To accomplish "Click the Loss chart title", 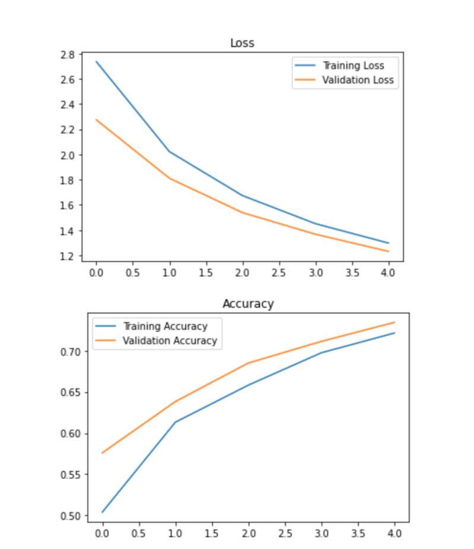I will (x=242, y=43).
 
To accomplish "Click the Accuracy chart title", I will (x=248, y=304).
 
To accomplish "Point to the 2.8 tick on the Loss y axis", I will (x=68, y=55).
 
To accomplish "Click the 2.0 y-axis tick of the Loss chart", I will (x=68, y=155).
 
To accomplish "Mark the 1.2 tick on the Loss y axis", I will (x=68, y=256).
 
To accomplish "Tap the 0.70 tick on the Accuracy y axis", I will (x=75, y=352).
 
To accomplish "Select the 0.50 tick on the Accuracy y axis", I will (x=75, y=516).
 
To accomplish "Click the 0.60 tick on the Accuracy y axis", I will (x=75, y=433).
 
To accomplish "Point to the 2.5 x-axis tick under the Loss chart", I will (x=279, y=273).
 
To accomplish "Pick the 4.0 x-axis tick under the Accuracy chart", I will (x=394, y=533).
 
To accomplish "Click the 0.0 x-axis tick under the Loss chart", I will (x=96, y=273).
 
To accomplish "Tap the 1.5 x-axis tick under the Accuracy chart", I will (x=212, y=533).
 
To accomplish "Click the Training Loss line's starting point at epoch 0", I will (x=96, y=61).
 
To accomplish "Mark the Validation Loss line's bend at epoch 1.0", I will (x=169, y=178).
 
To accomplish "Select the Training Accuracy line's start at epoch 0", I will (x=103, y=512).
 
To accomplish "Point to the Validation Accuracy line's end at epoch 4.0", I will (x=395, y=323).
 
